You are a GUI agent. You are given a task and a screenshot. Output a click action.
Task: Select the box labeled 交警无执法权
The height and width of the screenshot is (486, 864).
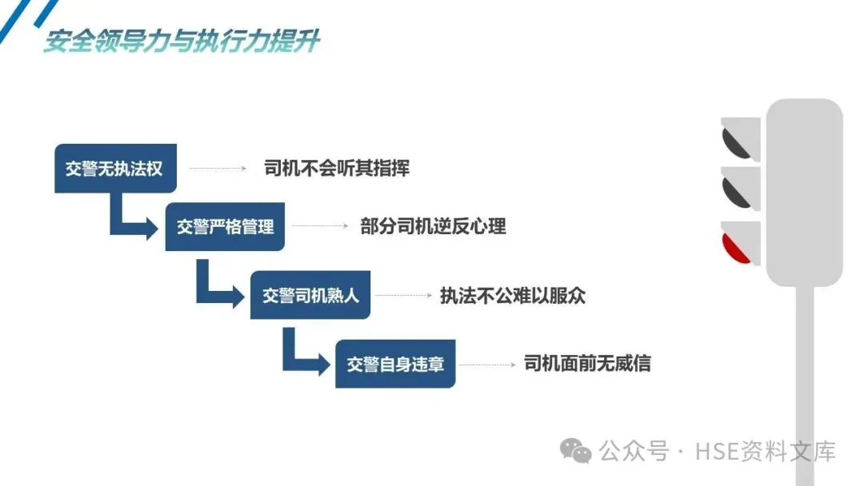(115, 169)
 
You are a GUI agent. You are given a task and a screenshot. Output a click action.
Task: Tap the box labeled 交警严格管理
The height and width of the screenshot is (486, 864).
(226, 227)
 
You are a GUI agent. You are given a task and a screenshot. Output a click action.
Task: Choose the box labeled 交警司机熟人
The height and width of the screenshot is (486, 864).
(310, 296)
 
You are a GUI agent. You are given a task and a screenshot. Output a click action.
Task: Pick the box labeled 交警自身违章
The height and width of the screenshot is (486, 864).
(395, 364)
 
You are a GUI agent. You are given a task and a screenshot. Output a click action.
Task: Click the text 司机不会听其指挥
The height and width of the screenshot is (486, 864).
(336, 169)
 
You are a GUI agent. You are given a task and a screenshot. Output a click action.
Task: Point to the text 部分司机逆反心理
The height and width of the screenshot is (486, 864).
(433, 226)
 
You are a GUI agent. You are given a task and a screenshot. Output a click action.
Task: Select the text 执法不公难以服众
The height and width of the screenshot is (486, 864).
(513, 296)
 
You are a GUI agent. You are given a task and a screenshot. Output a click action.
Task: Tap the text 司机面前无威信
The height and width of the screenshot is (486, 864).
(587, 364)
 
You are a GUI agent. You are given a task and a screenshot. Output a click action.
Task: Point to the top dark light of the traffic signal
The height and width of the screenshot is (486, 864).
(737, 140)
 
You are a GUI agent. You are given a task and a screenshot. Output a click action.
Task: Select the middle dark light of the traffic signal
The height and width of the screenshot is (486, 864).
(737, 189)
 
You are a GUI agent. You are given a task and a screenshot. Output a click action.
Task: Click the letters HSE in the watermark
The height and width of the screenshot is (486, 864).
(712, 452)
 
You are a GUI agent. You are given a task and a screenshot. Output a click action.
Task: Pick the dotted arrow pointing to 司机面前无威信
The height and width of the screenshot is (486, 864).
(486, 364)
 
